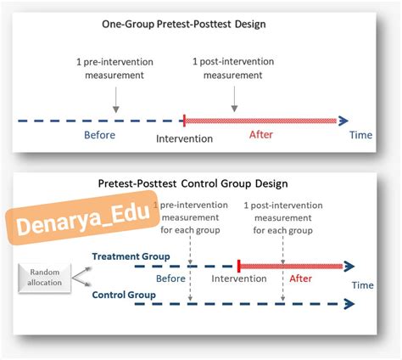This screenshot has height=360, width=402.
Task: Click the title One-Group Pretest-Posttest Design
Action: point(184,24)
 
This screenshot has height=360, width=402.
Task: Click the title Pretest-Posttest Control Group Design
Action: point(193,183)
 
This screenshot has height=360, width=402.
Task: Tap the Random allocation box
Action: point(44,278)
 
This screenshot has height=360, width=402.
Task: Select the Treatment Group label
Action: point(131,256)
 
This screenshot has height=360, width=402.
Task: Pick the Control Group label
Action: point(124,295)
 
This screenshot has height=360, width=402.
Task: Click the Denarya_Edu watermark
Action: point(82,217)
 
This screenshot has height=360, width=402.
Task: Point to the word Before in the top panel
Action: point(99,135)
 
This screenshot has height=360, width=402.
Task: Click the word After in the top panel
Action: point(261,135)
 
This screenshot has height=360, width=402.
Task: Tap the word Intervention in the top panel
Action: point(184,138)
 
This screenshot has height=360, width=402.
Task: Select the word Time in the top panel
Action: point(360,135)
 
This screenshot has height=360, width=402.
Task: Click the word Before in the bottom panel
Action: point(170,278)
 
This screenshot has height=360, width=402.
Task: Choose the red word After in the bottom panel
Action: point(300,278)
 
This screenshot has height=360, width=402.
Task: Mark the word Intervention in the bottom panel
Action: point(239,278)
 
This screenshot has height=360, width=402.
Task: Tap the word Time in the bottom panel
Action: point(362,285)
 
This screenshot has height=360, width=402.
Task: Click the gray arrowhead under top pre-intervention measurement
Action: point(115,110)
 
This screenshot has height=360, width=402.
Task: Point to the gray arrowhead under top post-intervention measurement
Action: point(234,109)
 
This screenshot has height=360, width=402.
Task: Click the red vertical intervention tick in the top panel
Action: point(184,121)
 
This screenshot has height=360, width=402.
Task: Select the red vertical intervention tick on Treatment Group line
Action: point(239,266)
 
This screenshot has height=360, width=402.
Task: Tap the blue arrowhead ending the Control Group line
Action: point(349,304)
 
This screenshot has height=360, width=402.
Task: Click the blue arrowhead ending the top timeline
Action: point(343,121)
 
